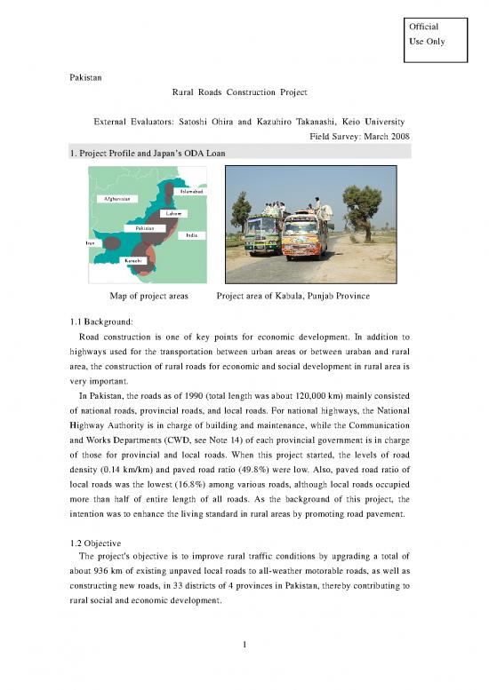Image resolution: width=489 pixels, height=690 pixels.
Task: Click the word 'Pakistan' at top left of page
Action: click(87, 78)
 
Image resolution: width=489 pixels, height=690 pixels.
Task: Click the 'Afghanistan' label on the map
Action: click(115, 199)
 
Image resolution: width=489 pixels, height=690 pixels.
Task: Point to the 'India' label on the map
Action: click(191, 235)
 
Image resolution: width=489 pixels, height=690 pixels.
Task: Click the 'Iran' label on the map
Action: click(90, 242)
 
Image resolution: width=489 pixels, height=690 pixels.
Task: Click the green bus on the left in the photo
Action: click(264, 234)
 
